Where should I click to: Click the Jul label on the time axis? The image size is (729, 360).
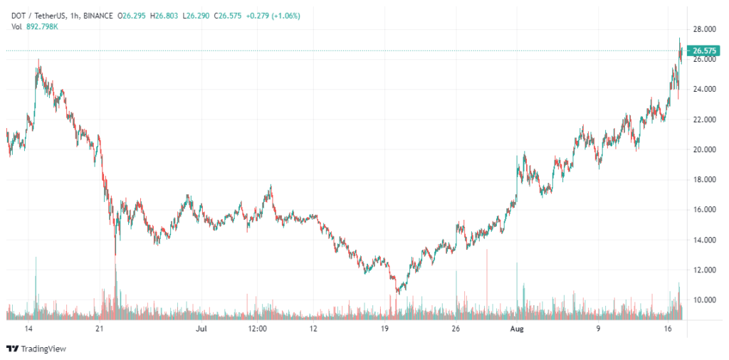[201, 329]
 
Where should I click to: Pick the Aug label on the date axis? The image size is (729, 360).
[517, 329]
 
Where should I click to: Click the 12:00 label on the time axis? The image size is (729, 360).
[257, 329]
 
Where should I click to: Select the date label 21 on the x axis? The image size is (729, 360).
[99, 329]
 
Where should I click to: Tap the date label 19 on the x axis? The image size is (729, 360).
[384, 329]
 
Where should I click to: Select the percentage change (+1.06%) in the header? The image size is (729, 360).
[286, 16]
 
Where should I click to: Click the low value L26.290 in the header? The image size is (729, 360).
[198, 16]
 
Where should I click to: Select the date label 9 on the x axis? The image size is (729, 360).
[599, 329]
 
